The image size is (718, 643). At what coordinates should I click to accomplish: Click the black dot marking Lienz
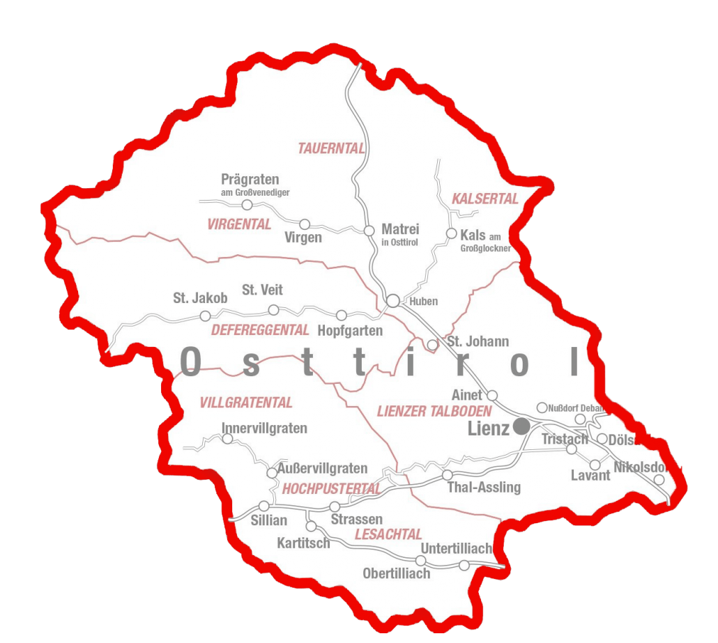coord(521,426)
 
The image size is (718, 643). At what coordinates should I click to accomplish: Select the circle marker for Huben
coord(393,300)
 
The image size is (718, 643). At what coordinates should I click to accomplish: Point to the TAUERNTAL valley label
coord(332,148)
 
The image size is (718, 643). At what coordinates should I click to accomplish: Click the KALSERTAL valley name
coord(485,199)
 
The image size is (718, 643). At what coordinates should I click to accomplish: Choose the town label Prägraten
coord(250,180)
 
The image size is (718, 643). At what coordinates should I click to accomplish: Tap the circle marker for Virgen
coord(305,224)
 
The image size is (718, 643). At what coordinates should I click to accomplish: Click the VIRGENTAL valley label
coord(239,224)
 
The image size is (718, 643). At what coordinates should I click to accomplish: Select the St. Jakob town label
coord(200,298)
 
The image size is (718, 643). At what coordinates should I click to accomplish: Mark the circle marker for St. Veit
coord(273,309)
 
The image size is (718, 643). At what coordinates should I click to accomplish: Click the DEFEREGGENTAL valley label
coord(260,330)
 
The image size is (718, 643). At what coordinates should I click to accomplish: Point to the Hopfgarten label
coord(350,330)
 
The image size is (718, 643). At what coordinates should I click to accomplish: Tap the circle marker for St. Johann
coord(432,345)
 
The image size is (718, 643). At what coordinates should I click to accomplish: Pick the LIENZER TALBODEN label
coord(434,411)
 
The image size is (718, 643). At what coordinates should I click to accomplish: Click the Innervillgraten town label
coord(264,428)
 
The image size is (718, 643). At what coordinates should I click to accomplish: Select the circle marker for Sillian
coord(263,506)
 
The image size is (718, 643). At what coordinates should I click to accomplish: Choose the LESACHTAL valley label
coord(388,534)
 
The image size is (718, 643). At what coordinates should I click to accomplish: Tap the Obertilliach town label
coord(396,573)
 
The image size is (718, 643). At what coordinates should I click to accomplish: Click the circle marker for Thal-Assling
coord(447,474)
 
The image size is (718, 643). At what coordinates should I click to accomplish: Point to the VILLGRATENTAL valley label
coord(246,403)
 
